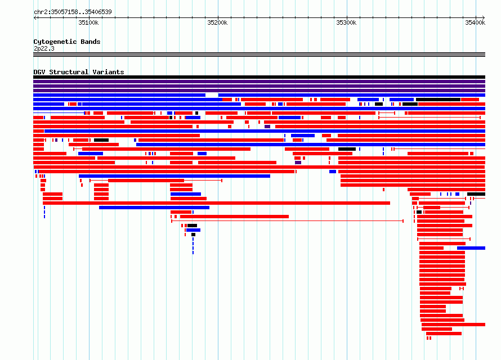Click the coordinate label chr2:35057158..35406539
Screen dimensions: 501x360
[73, 12]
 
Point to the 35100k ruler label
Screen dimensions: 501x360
[88, 22]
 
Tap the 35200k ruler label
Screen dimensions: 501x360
[217, 22]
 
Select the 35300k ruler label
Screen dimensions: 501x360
[346, 22]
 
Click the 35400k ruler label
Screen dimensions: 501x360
[475, 22]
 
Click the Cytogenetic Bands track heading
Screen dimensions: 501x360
[67, 42]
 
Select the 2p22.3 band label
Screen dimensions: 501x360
[44, 48]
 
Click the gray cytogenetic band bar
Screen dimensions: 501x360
[259, 55]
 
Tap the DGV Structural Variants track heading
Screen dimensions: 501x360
[79, 72]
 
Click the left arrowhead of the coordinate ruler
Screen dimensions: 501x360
[34, 18]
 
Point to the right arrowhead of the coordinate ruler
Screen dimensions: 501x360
[484, 18]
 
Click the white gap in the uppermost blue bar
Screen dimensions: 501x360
[212, 95]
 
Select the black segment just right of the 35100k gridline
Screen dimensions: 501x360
[101, 140]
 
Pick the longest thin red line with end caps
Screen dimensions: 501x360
[288, 221]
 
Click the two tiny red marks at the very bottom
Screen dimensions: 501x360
[429, 338]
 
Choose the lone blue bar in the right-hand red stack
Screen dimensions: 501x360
[471, 248]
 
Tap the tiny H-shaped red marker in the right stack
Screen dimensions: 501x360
[462, 289]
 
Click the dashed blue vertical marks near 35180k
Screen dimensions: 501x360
[193, 246]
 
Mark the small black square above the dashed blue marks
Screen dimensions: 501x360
[193, 235]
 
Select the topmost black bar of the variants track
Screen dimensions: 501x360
[259, 77]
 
